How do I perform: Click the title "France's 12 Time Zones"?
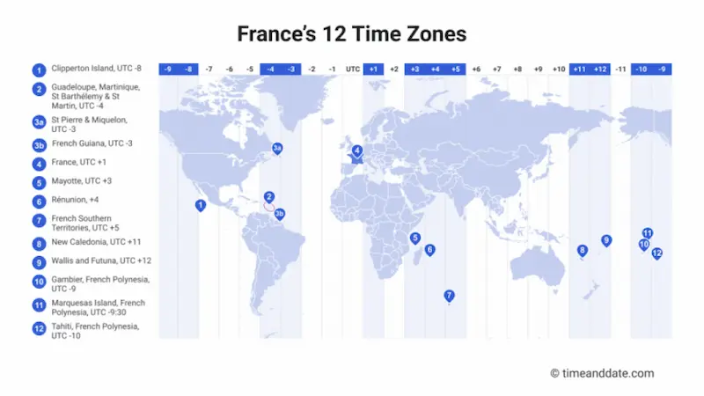pos(352,34)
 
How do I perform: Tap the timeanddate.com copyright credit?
pos(602,373)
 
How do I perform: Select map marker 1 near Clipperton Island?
pos(201,205)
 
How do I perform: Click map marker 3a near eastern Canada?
pos(277,149)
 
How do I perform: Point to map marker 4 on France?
pos(357,151)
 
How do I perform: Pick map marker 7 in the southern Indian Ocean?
pos(449,296)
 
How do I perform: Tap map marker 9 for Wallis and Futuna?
pos(605,240)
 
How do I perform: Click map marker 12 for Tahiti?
pos(656,253)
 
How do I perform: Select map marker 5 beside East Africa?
pos(414,238)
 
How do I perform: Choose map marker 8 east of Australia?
pos(582,251)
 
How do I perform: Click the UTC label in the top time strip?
pos(353,69)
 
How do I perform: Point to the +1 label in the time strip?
pos(373,69)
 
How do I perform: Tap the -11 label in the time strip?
pos(620,69)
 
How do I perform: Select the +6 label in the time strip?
pos(476,69)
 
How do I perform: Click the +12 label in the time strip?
pos(599,69)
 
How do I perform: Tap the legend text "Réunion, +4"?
pos(76,200)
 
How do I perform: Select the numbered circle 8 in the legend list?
pos(39,243)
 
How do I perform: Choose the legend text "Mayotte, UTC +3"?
pos(82,181)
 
